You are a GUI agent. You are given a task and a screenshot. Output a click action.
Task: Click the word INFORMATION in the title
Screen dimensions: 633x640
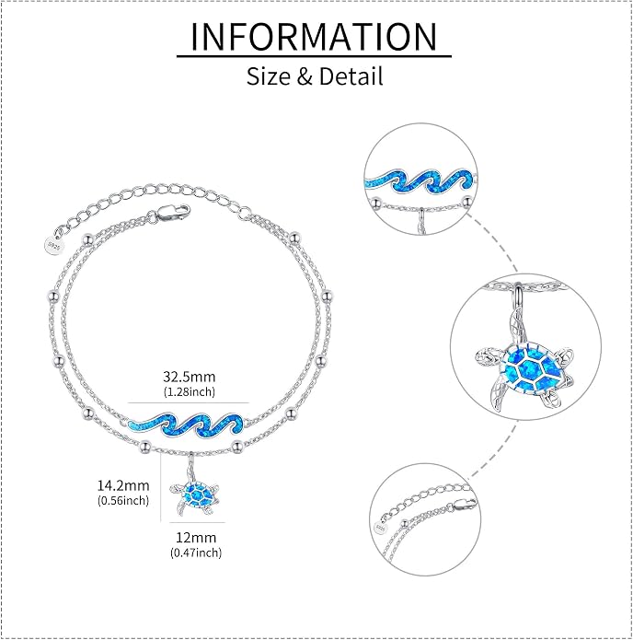pos(314,36)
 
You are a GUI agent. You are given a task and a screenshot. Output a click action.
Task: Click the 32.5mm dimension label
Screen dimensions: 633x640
pos(189,377)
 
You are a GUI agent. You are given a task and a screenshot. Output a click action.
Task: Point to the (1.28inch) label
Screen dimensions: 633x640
pos(189,392)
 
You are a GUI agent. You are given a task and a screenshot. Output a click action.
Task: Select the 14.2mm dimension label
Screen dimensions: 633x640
pos(123,485)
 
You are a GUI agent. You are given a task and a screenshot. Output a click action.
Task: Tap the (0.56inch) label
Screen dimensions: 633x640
pos(123,500)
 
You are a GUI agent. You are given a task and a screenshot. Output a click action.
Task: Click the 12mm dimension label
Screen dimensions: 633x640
pos(196,537)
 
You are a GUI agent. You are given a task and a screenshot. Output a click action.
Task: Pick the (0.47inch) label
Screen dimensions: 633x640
pos(196,553)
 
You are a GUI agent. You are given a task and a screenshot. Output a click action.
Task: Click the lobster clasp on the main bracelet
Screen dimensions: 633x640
pos(173,213)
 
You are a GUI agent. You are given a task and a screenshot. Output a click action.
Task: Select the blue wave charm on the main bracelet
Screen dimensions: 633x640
pos(186,425)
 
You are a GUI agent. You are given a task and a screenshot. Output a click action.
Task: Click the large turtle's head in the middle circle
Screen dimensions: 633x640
pos(487,358)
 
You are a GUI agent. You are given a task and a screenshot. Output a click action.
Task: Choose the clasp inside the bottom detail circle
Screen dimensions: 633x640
pos(464,506)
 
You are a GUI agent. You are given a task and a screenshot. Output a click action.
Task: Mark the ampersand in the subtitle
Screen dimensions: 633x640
pos(305,76)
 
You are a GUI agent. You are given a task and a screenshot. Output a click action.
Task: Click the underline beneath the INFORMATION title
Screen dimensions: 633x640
pos(314,56)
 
